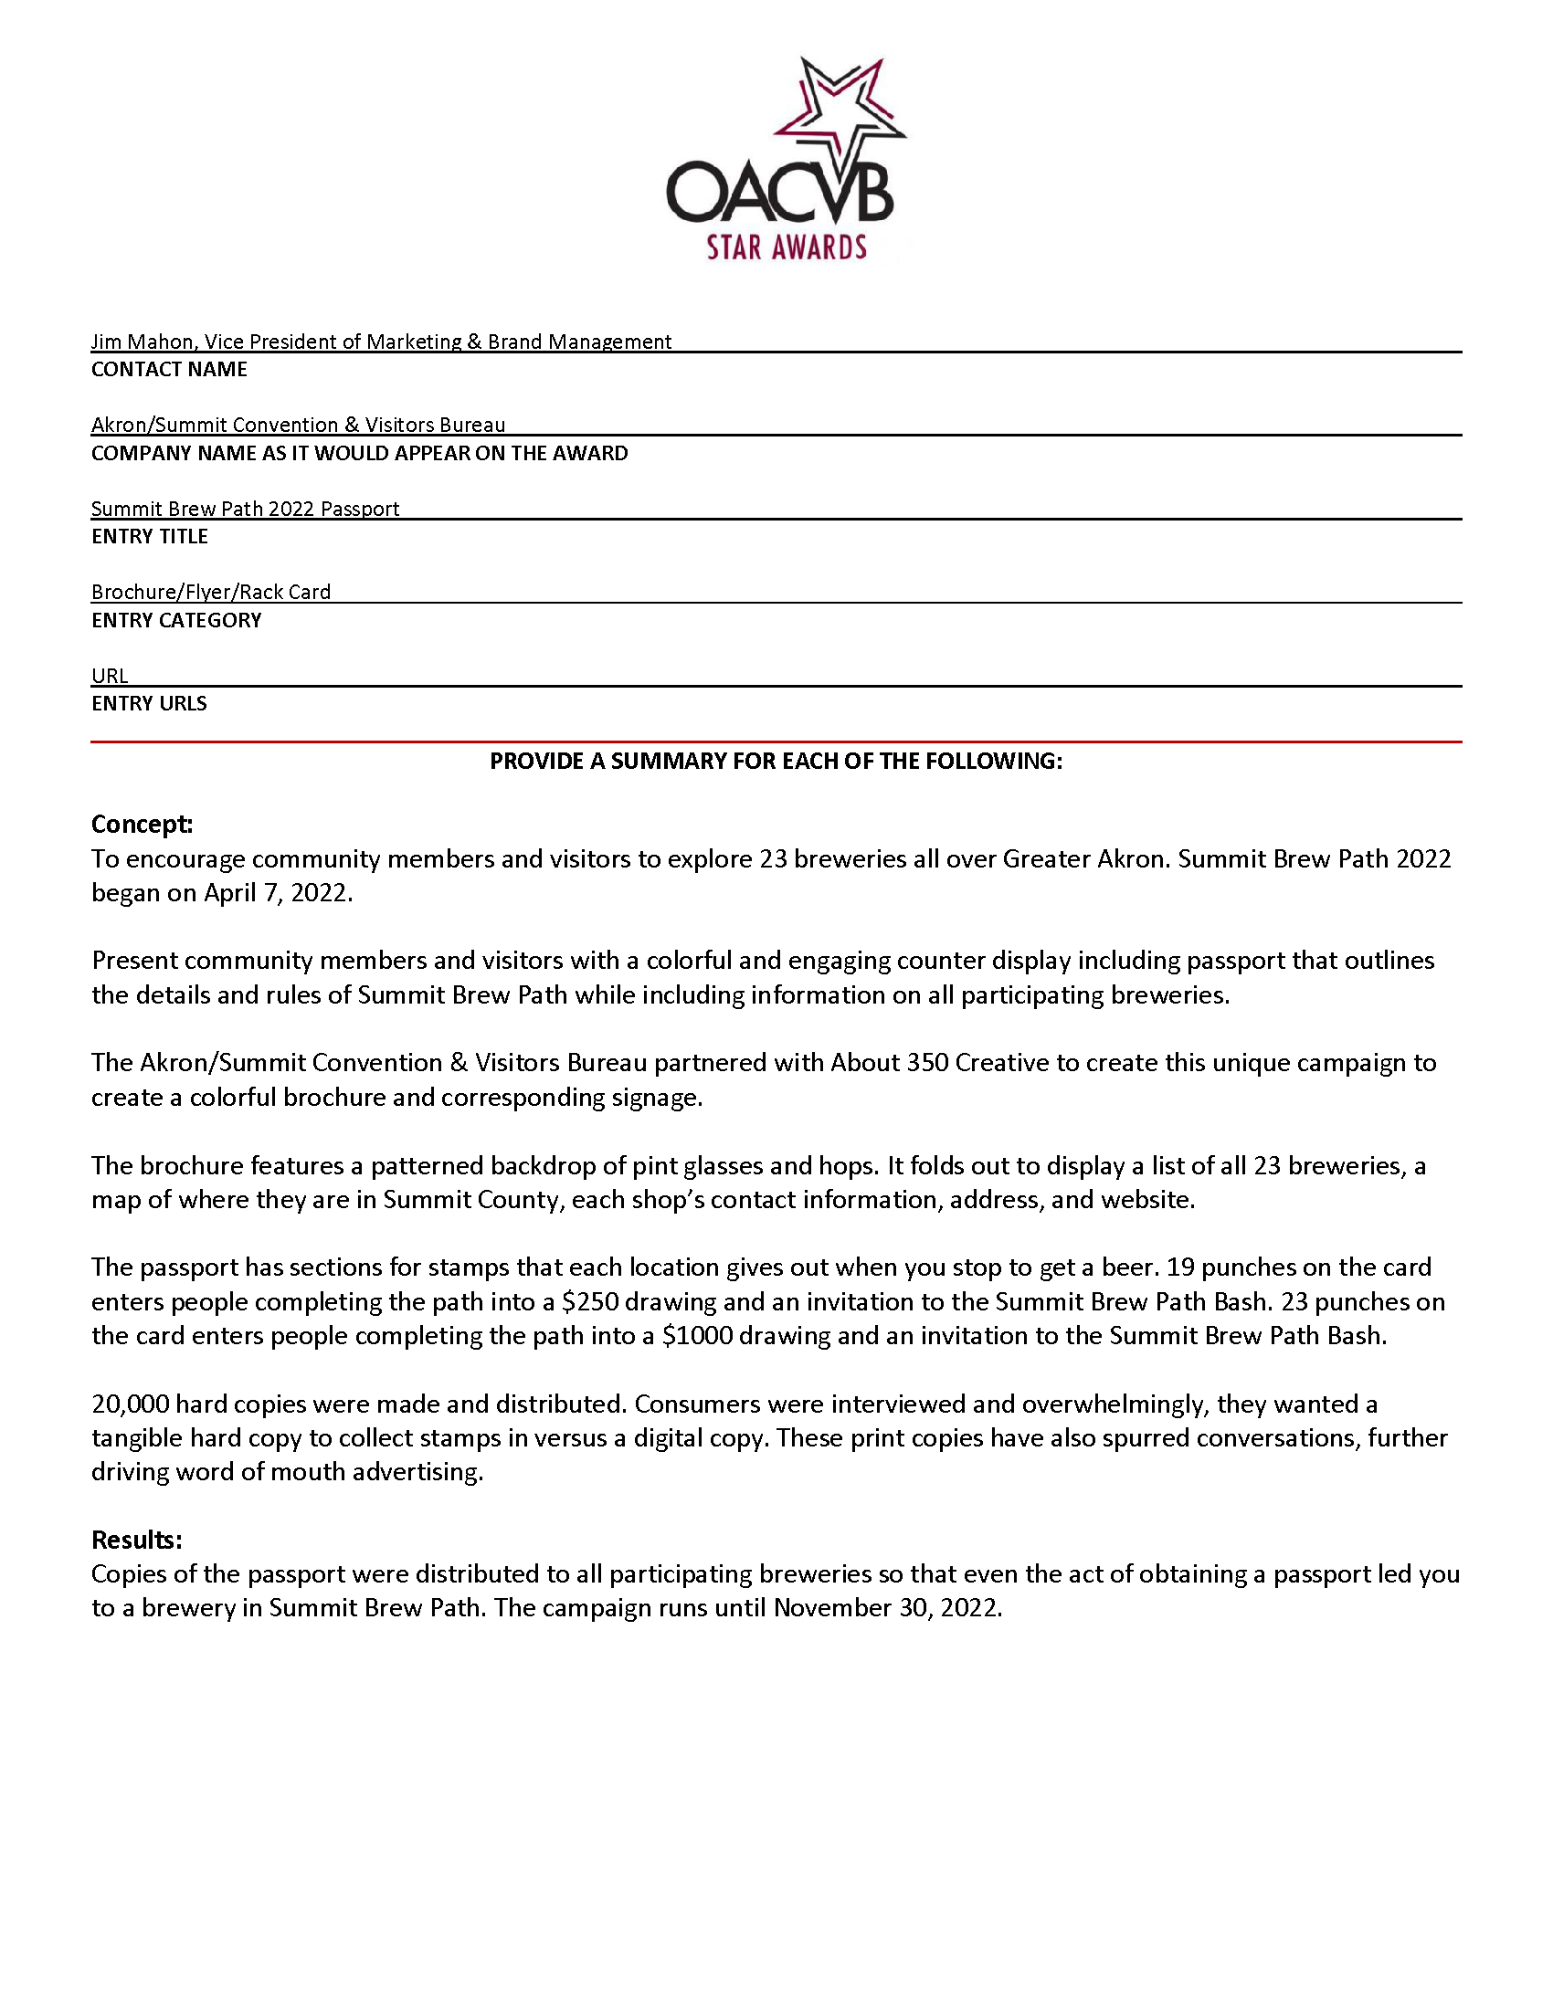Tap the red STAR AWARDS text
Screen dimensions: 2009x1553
[x=787, y=247]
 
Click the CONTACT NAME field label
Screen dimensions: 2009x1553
[x=169, y=369]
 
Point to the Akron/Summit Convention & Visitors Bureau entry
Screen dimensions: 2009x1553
[x=298, y=425]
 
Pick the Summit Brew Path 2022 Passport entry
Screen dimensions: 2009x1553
[x=245, y=509]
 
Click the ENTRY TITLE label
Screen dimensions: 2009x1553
[x=149, y=536]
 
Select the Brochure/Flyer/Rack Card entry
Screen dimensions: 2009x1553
[x=211, y=592]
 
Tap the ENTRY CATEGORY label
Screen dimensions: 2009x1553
[x=175, y=620]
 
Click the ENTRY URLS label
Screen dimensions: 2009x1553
[x=149, y=703]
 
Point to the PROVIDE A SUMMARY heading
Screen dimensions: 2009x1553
[x=776, y=761]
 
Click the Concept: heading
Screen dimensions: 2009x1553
[x=142, y=825]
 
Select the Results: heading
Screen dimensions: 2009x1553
[x=136, y=1540]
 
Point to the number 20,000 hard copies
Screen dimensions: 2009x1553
[x=130, y=1404]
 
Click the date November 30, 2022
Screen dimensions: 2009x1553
[x=887, y=1608]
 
